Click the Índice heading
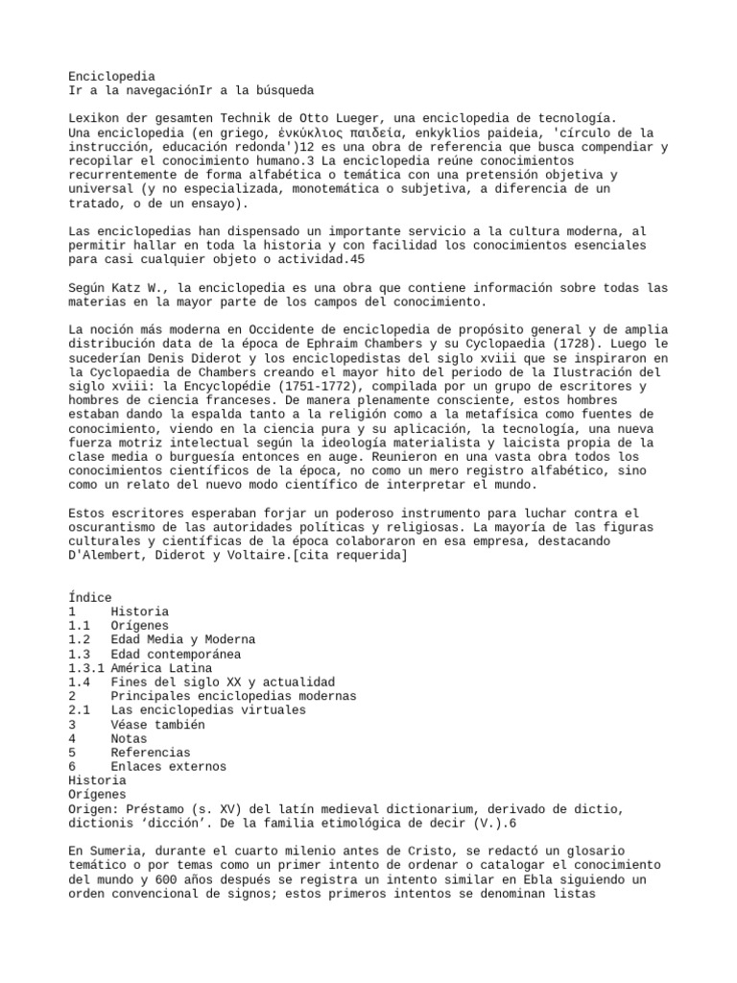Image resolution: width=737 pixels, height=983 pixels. click(90, 597)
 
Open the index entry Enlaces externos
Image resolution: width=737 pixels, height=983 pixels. click(169, 766)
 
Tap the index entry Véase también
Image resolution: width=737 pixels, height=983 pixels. click(157, 725)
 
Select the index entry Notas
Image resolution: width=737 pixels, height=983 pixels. click(129, 738)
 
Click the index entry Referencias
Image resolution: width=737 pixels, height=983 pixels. click(151, 753)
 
